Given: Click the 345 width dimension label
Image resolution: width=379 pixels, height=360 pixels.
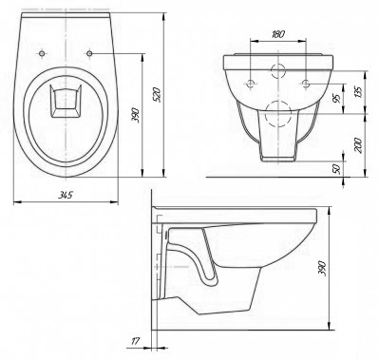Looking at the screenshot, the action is coord(66,195).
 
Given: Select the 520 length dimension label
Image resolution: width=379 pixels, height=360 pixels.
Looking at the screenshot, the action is coord(158,95).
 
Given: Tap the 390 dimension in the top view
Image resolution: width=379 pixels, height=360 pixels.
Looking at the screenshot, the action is coord(135,116).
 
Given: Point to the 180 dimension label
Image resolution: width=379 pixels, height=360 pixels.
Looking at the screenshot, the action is coord(278,34).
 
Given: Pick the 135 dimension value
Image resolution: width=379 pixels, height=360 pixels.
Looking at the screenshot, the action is coord(358,91).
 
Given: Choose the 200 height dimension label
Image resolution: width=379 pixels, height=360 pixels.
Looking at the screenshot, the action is coord(358,145).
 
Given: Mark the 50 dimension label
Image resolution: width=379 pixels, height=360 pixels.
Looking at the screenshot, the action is coord(336,169).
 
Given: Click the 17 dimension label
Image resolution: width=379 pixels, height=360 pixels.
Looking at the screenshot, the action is coord(135,341).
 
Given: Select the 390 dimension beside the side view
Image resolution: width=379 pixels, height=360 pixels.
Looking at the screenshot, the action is coord(322,268).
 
